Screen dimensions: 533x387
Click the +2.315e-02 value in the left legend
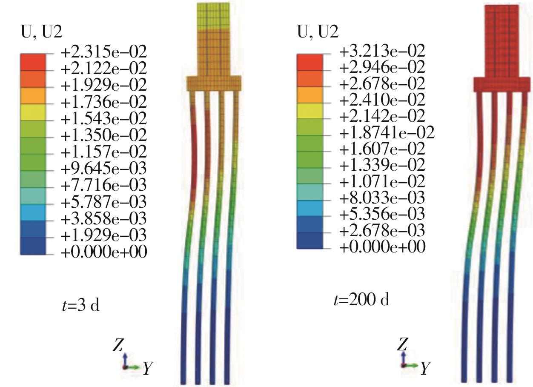click(104, 52)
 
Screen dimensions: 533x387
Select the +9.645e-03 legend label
click(104, 169)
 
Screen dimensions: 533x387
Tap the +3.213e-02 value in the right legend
click(382, 51)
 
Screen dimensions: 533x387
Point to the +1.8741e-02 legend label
click(387, 132)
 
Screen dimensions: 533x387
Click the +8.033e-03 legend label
click(382, 198)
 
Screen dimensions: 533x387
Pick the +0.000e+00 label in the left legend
click(104, 252)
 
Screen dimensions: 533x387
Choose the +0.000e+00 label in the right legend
click(382, 247)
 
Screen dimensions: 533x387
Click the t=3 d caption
click(81, 306)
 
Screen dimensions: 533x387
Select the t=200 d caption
click(362, 300)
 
